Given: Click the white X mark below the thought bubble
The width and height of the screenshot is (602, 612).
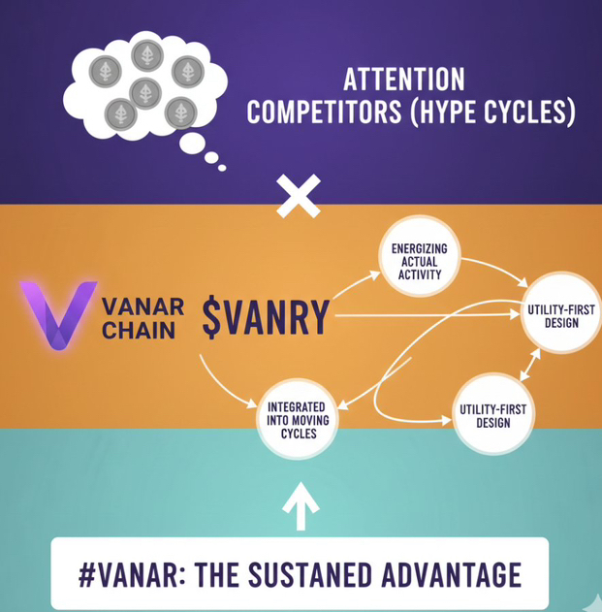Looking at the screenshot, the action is pyautogui.click(x=299, y=198).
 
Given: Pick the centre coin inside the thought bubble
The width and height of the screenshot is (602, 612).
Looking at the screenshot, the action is pyautogui.click(x=145, y=92).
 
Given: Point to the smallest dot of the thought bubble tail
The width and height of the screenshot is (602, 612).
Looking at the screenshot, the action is pyautogui.click(x=222, y=167).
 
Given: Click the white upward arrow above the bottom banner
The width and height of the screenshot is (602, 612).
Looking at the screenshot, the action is pyautogui.click(x=301, y=505).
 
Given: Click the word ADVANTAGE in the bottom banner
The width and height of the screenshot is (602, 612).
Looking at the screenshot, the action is pyautogui.click(x=455, y=574).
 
